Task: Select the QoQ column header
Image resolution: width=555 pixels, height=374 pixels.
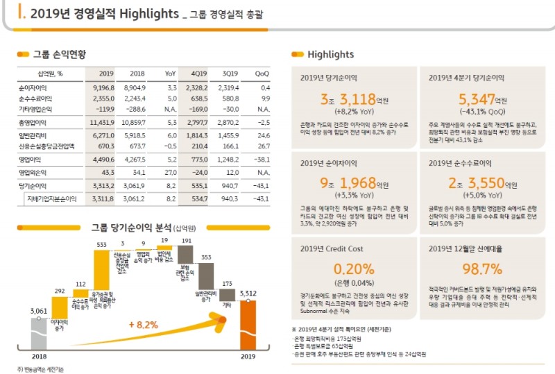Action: (x=262, y=73)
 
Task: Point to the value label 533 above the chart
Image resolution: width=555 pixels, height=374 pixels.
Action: (x=101, y=244)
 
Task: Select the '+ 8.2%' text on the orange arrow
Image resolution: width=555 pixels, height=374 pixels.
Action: (x=144, y=324)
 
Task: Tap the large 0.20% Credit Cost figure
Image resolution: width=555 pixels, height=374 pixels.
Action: (x=353, y=269)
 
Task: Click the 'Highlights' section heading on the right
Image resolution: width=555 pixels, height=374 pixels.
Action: (x=330, y=54)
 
